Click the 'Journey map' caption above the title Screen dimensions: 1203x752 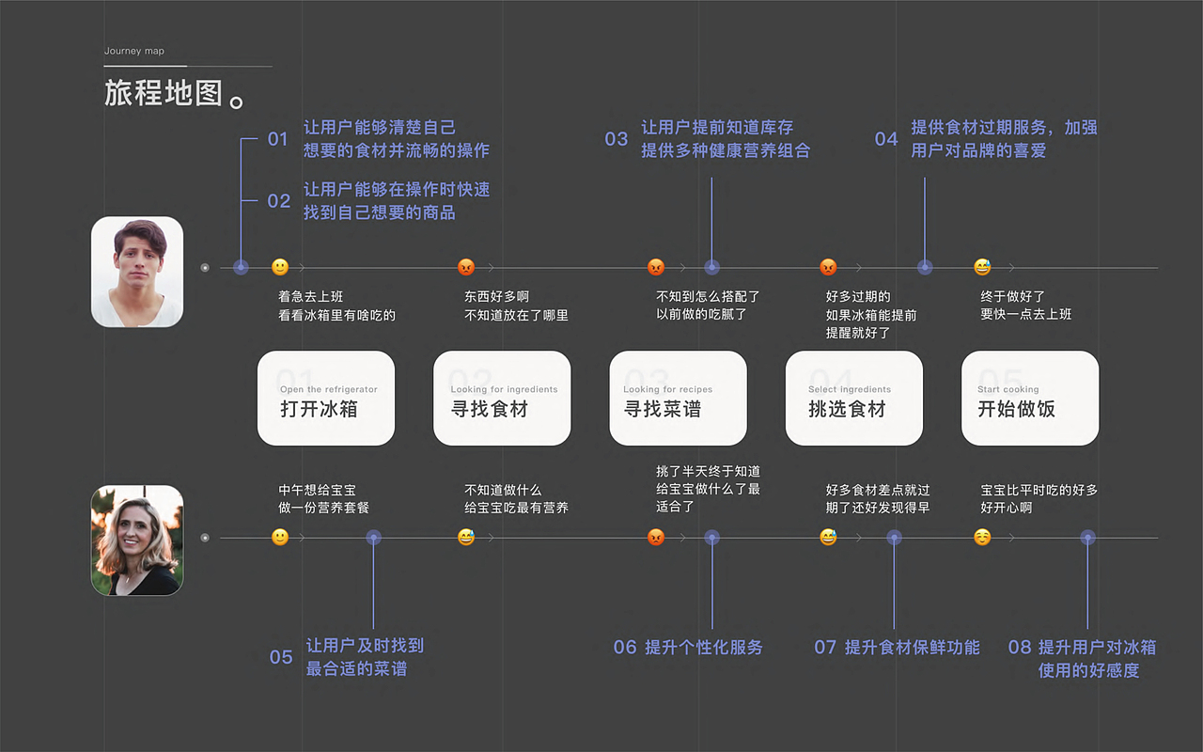[133, 51]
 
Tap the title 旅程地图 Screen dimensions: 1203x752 [164, 93]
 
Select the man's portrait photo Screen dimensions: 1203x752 [137, 272]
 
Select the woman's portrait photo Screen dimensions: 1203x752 [137, 540]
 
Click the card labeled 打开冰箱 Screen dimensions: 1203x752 [326, 398]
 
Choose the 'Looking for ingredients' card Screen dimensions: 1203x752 [502, 398]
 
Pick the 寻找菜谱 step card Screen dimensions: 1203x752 [678, 398]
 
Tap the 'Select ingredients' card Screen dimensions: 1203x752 [854, 398]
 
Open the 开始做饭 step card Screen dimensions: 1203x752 [1030, 398]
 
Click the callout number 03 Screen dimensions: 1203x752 [616, 139]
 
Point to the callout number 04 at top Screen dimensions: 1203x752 [886, 139]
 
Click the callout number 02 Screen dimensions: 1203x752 [279, 201]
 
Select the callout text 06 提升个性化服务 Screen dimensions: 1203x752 [688, 648]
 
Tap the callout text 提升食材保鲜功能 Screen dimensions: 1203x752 [912, 648]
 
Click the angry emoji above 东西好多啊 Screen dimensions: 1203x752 [466, 267]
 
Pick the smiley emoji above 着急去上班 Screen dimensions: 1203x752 [280, 267]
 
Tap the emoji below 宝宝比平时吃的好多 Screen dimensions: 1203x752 [982, 537]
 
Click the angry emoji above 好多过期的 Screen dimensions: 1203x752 [828, 267]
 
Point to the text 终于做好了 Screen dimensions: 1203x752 [1012, 296]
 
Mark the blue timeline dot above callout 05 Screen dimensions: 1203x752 [374, 537]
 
